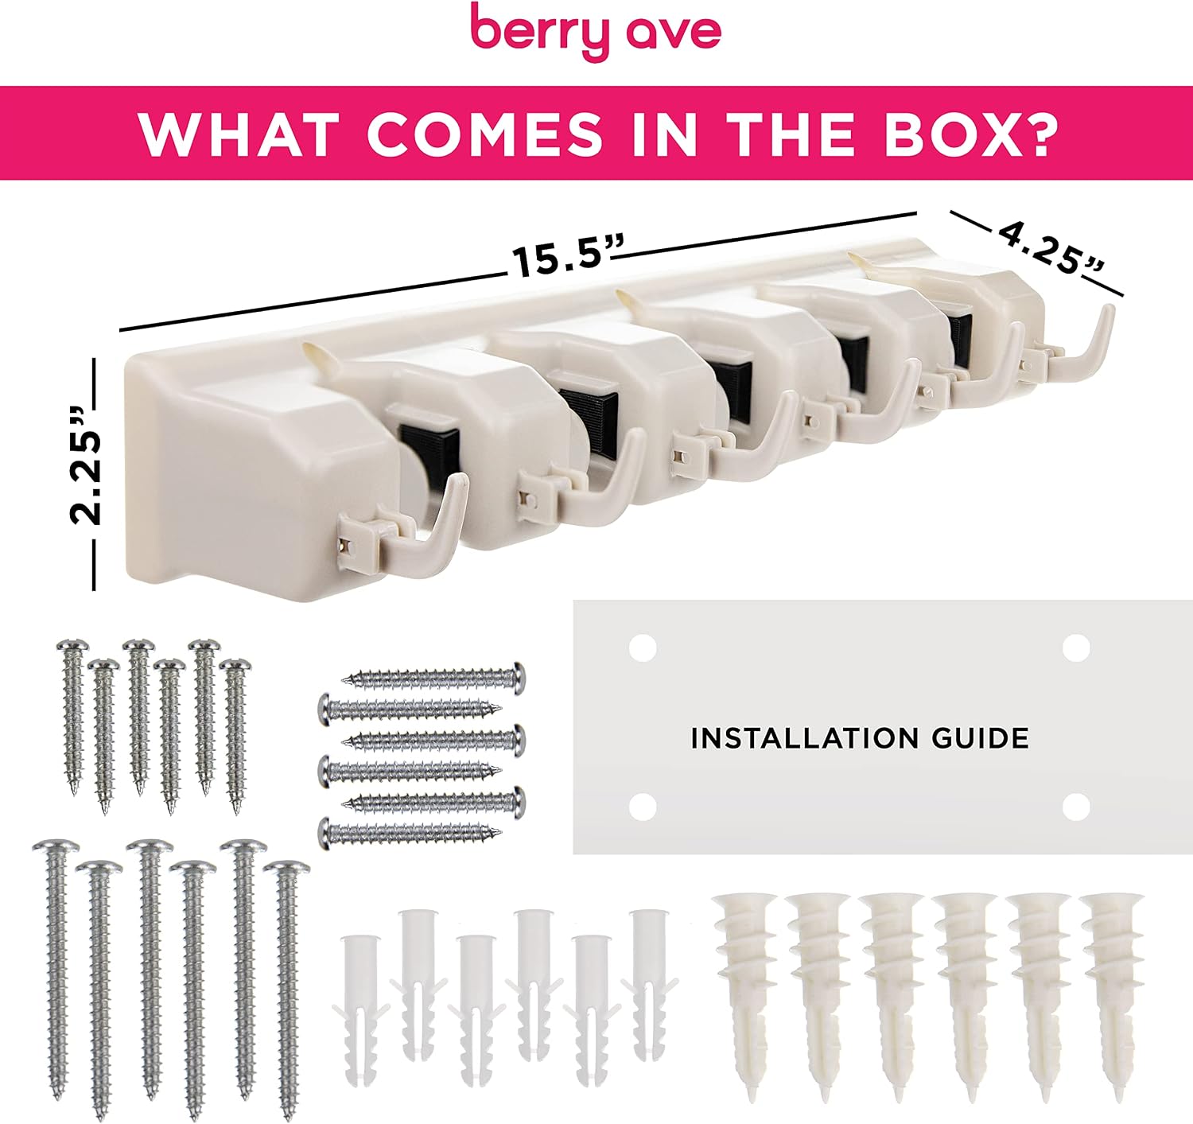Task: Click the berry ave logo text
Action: point(596,31)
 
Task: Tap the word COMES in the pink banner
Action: point(485,134)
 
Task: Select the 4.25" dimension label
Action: point(1051,250)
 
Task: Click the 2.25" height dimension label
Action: point(85,465)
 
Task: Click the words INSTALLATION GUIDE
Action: point(860,739)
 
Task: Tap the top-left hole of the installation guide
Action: point(642,648)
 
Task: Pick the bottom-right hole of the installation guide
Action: point(1076,807)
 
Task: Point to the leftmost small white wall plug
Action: point(360,1009)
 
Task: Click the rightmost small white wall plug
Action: point(650,985)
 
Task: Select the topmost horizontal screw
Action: point(433,679)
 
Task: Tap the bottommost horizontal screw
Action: point(410,834)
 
